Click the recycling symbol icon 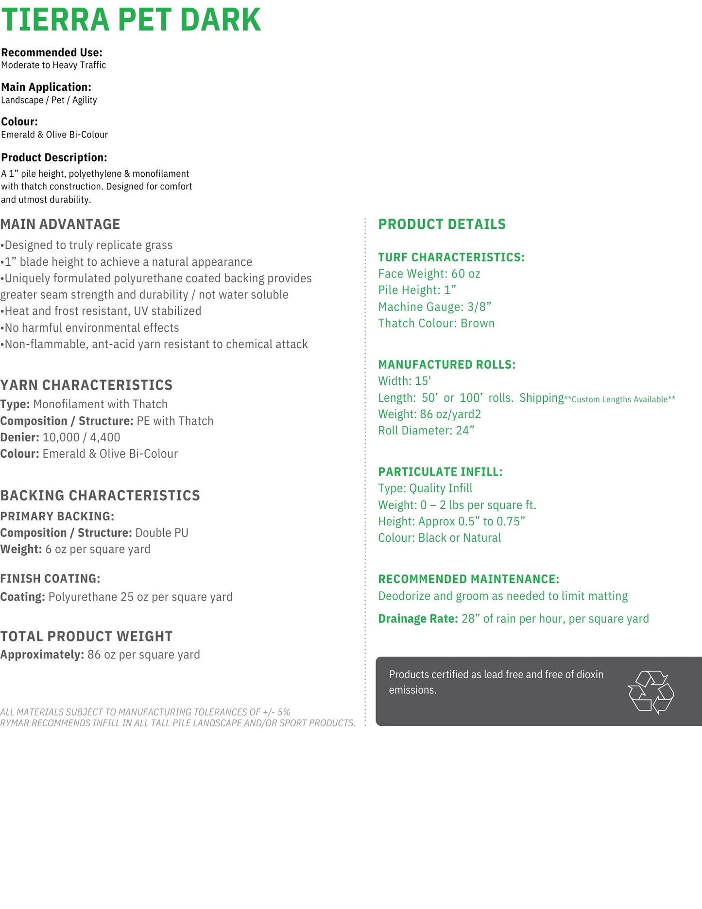point(651,692)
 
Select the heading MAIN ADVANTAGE point(60,224)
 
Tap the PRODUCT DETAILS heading point(442,224)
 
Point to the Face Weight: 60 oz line point(429,274)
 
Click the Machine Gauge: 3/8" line point(434,307)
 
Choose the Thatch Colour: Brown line point(436,323)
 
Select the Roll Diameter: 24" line point(426,430)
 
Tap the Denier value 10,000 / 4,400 point(82,437)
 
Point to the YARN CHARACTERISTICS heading point(86,385)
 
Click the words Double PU point(162,532)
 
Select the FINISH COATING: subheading point(50,579)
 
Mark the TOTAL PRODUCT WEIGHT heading point(86,636)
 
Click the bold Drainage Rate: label point(418,618)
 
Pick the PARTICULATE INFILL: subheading point(440,472)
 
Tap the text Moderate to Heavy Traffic point(53,65)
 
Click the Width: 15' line point(405,381)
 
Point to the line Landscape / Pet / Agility point(49,100)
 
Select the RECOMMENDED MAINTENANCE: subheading point(468,579)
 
